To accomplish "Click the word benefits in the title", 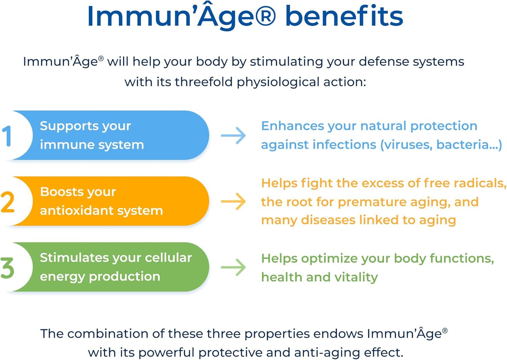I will pos(344,16).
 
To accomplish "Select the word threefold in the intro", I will pos(204,82).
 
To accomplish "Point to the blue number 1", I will pos(7,136).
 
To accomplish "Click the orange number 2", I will pos(7,202).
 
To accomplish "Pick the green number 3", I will pos(7,268).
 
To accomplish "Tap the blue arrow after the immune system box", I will pos(234,135).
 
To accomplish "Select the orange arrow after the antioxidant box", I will pos(234,201).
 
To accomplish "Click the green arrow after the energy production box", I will pos(234,267).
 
